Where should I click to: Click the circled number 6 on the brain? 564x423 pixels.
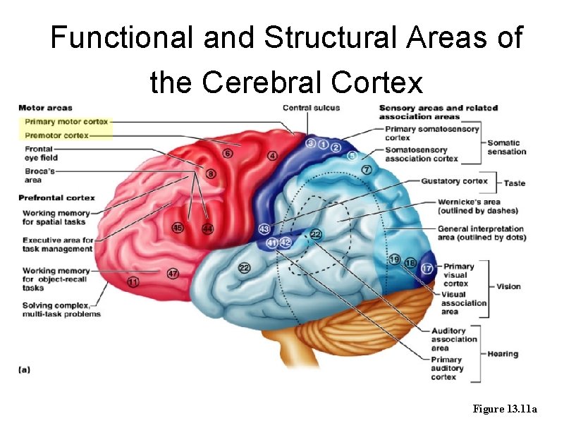pos(227,153)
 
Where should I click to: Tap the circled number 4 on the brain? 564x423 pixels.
pos(272,155)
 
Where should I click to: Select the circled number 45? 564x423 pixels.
pos(178,228)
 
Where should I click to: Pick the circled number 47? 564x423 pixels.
pos(173,273)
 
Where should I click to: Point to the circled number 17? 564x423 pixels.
pos(427,269)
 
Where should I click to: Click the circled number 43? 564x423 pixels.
pos(264,229)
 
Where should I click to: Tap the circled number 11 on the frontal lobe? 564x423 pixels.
pos(133,282)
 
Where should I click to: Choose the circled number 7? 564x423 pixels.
pos(366,169)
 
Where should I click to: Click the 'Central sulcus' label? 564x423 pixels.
pos(311,108)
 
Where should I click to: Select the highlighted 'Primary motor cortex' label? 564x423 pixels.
pos(66,121)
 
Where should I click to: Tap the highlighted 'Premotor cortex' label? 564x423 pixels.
pos(56,135)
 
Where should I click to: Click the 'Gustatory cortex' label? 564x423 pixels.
pos(454,181)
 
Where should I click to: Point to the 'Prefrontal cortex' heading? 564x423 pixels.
pos(56,197)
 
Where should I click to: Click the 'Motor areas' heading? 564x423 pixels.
pos(45,108)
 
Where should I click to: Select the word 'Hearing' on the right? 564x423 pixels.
pos(502,354)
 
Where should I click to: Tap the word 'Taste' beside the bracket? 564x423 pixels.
pos(514,183)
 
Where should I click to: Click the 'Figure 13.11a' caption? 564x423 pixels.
pos(505,409)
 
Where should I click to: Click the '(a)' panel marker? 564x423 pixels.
pos(23,368)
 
